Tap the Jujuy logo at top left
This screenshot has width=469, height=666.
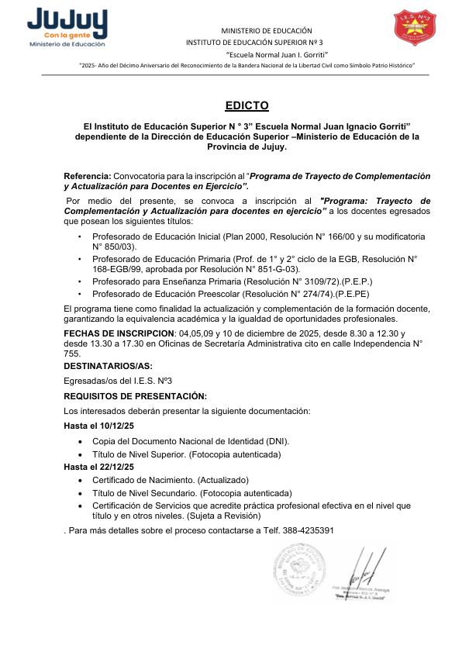point(67,28)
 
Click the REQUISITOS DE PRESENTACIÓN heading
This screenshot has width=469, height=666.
point(135,395)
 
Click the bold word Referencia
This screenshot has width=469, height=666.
point(87,176)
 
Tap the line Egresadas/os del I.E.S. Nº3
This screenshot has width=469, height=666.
point(118,381)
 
